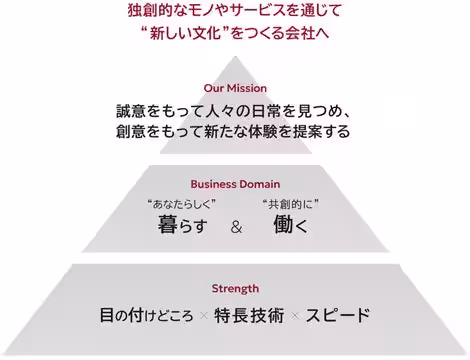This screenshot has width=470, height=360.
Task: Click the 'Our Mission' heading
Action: (x=234, y=88)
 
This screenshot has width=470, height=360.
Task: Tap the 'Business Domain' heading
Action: (x=235, y=184)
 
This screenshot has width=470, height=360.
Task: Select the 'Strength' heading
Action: (x=235, y=288)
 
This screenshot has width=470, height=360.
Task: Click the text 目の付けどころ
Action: (x=146, y=315)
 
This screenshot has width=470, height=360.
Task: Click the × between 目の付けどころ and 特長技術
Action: (x=203, y=316)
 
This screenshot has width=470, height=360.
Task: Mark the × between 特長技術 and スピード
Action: (x=295, y=316)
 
